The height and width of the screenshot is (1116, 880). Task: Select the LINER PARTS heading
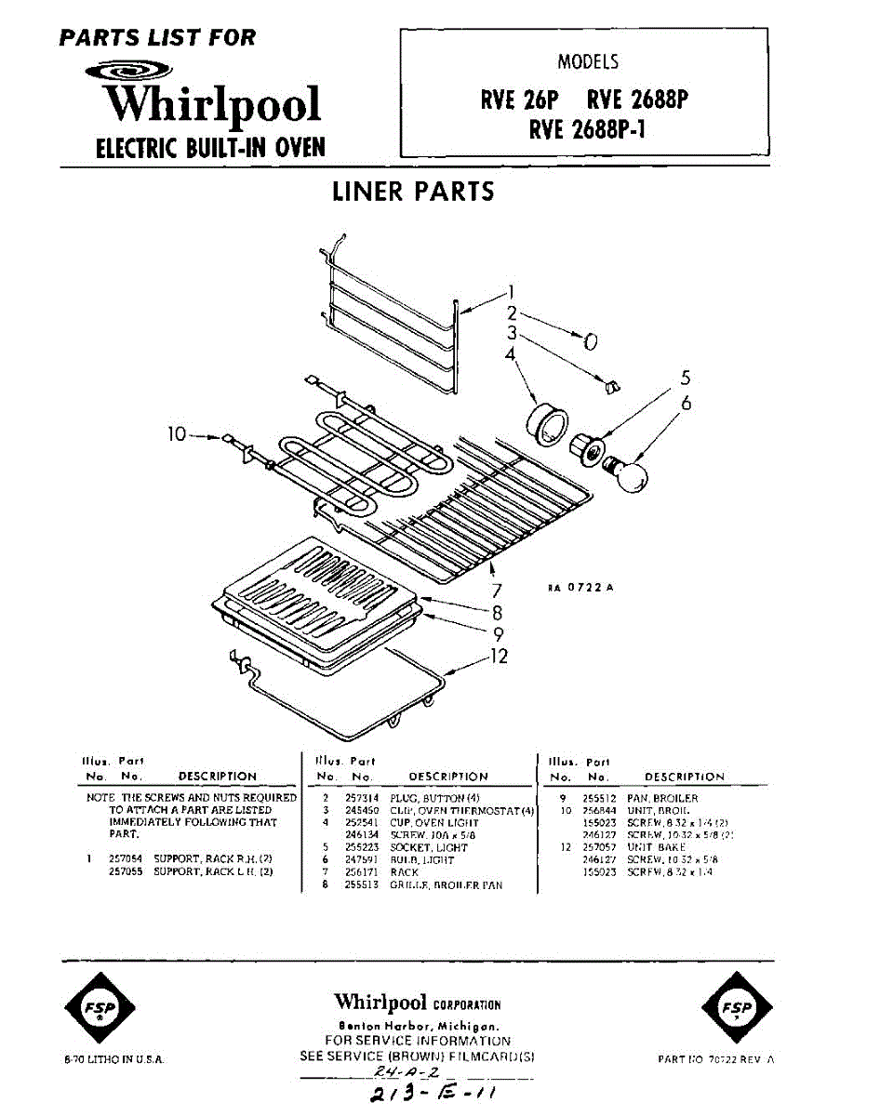click(x=413, y=192)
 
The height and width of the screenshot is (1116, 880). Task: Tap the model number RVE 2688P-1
click(x=587, y=129)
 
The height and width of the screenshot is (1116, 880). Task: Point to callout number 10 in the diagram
click(x=179, y=433)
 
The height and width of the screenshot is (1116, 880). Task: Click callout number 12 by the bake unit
click(x=500, y=657)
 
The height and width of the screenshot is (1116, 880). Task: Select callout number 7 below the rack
click(x=497, y=590)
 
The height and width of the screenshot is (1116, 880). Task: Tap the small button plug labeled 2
click(x=589, y=340)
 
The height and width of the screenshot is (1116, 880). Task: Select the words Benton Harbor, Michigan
click(x=416, y=1023)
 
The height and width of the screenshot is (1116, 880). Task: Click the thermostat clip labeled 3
click(x=611, y=384)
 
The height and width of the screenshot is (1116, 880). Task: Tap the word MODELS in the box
click(x=587, y=63)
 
